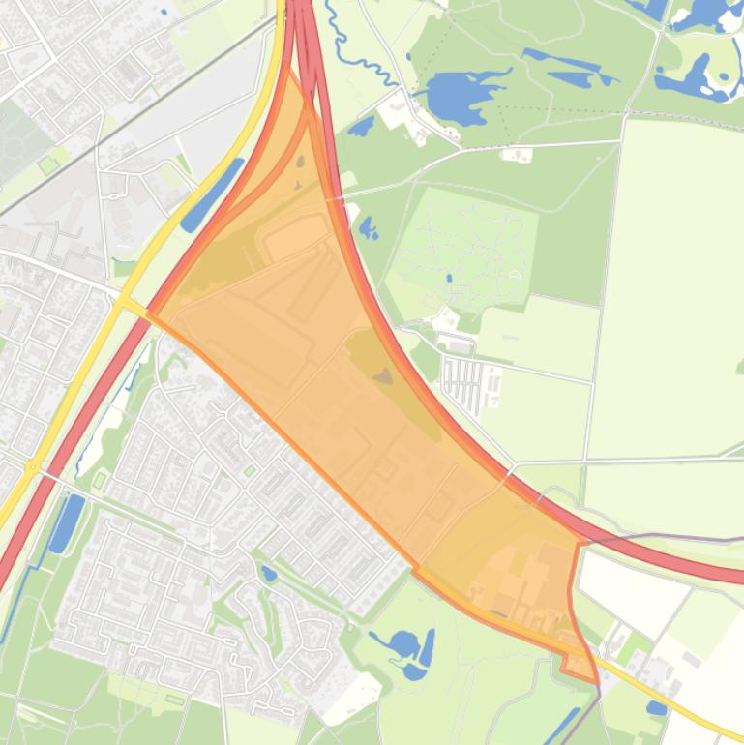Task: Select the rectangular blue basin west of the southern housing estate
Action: click(67, 522)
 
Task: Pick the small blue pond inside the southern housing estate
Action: click(269, 574)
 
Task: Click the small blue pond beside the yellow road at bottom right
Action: click(657, 709)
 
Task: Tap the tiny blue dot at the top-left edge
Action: click(164, 12)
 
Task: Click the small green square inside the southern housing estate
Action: click(101, 479)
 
